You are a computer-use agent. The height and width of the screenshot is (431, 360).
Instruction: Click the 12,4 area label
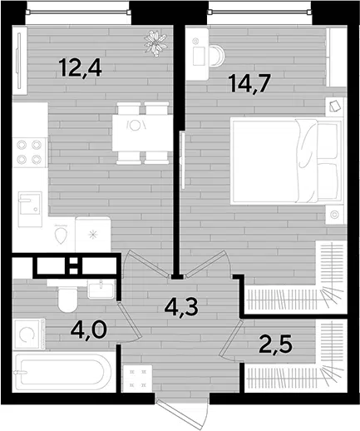pos(81,68)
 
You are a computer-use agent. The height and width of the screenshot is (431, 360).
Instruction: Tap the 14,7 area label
pos(249,84)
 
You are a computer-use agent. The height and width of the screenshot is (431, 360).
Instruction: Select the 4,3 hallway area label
pos(181,308)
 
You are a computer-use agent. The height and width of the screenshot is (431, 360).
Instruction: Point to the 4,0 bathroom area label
pos(88,330)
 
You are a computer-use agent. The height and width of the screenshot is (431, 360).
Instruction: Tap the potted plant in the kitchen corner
pos(155,43)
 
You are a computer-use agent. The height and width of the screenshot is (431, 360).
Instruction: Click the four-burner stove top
pos(29,152)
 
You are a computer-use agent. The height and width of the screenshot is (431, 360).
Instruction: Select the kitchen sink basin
pos(30,203)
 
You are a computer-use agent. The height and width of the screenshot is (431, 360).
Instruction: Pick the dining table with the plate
pos(142,133)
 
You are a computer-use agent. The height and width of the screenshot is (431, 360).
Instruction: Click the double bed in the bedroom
pos(287,161)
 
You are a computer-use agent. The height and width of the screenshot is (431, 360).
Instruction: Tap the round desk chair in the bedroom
pos(217,56)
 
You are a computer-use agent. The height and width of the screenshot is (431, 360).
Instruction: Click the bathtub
pos(64,372)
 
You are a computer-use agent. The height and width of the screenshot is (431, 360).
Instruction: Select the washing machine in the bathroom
pos(30,334)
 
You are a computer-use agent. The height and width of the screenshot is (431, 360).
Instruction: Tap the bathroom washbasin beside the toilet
pos(101,289)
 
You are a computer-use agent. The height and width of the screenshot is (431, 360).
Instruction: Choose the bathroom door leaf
pos(130,320)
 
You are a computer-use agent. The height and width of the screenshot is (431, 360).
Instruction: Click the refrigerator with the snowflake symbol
pos(93,235)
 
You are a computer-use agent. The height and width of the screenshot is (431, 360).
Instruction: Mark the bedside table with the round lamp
pos(334,215)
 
